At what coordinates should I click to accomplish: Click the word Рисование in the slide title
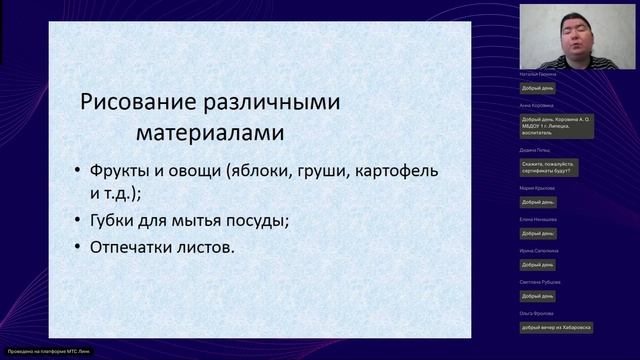point(130,101)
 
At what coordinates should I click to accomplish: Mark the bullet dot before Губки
point(80,221)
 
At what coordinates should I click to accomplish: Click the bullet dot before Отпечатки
point(80,247)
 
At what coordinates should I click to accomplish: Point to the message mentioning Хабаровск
point(556,327)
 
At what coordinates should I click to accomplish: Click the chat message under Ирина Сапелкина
point(535,264)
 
